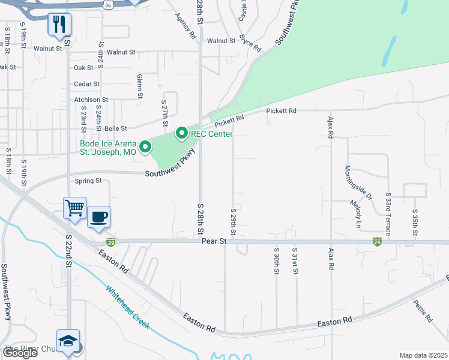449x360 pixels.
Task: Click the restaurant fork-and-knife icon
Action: point(60,25)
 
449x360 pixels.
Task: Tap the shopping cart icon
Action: point(75,208)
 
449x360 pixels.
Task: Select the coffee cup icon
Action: point(99,217)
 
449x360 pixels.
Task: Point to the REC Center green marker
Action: point(182,134)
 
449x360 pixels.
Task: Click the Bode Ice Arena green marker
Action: point(145,146)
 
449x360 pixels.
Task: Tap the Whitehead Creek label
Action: point(128,308)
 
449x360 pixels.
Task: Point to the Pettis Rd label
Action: point(423,311)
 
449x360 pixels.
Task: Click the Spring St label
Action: point(88,181)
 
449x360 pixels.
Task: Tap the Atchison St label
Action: point(91,100)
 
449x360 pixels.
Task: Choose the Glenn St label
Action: point(140,86)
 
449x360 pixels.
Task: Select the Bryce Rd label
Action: point(250,43)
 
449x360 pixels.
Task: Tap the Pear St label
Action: point(213,241)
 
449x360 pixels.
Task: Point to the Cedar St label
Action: point(86,84)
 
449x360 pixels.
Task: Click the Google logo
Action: point(20,352)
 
